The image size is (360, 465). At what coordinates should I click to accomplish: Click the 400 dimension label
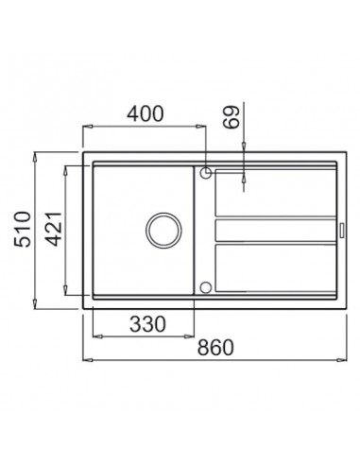pos(146,113)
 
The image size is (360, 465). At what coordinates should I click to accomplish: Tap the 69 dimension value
pos(231,117)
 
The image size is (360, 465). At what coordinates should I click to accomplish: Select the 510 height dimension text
pos(23,230)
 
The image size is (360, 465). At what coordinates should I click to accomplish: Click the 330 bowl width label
pos(147,324)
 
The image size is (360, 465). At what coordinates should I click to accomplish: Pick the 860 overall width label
pos(215,347)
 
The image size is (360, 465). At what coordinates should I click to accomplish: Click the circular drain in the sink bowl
pos(163,230)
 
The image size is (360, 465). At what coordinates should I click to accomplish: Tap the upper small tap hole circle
pos(205,172)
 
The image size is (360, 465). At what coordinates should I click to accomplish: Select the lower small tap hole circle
pos(205,287)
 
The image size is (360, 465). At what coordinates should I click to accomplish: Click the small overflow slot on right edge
pos(342,230)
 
